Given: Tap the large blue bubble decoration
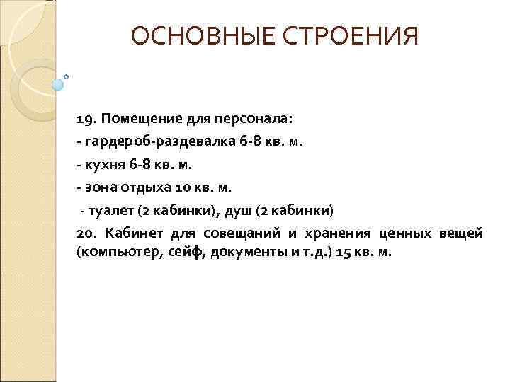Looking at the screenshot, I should point(58,84).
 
